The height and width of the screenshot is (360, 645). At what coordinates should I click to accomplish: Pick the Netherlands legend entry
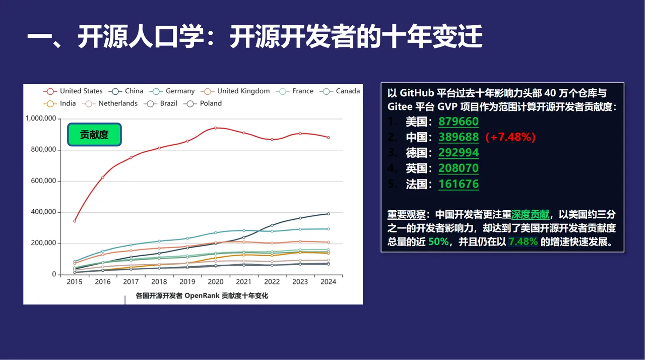[111, 103]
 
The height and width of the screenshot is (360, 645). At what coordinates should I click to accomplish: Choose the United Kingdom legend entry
[236, 91]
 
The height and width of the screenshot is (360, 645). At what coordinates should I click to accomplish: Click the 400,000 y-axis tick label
[44, 212]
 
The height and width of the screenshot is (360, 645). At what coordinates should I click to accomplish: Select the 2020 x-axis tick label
[216, 282]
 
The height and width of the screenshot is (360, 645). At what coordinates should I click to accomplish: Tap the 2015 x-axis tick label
[75, 282]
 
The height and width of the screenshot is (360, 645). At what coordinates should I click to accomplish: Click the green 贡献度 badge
[94, 135]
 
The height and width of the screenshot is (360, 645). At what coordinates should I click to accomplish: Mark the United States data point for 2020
[216, 128]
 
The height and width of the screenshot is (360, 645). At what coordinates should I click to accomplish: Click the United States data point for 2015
[75, 221]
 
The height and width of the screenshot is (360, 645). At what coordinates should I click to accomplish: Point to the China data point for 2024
[329, 214]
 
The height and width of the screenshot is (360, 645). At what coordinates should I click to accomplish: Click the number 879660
[459, 122]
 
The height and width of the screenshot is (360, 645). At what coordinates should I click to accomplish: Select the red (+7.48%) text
[510, 137]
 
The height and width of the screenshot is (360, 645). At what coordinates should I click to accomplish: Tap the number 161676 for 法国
[459, 184]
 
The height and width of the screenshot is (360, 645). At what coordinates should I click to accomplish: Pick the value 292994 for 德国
[459, 153]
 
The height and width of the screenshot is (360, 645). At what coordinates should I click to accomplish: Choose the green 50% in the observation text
[438, 242]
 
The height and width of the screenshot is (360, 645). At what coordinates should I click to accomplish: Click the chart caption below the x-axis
[202, 296]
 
